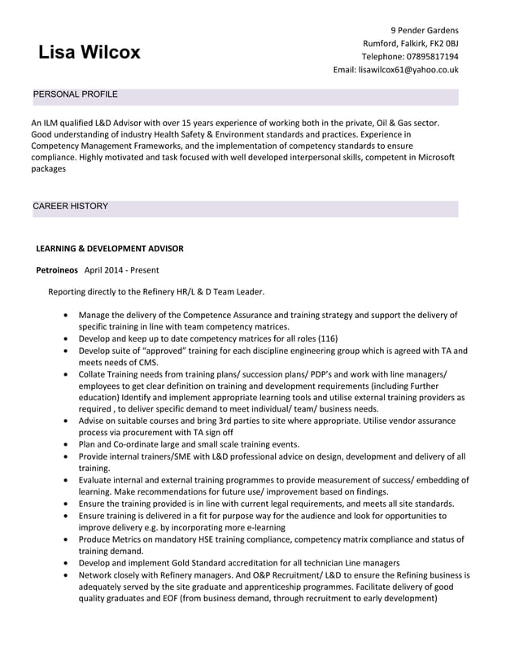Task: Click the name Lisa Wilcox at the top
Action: [89, 53]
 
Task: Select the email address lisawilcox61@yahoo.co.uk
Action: [408, 70]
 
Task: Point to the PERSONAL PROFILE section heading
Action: [75, 95]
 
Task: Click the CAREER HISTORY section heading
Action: [70, 207]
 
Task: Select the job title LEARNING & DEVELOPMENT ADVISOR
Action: [110, 248]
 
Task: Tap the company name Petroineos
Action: [57, 270]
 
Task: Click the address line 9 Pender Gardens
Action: [425, 31]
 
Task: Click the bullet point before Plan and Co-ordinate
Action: [65, 445]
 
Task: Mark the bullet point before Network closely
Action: [65, 575]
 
